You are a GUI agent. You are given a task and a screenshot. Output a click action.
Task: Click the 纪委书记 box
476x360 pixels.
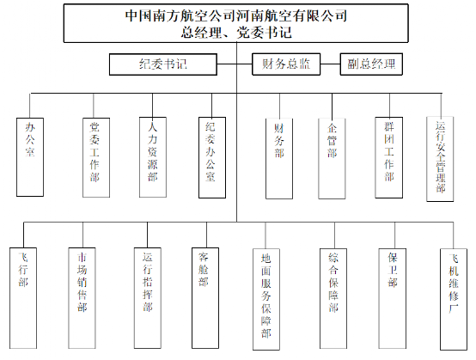(x=163, y=64)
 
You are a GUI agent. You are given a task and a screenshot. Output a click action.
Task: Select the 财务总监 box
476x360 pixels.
(x=286, y=64)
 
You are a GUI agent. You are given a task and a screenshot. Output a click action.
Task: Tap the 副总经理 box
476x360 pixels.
(x=371, y=64)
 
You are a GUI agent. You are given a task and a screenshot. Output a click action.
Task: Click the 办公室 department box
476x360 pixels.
(x=30, y=157)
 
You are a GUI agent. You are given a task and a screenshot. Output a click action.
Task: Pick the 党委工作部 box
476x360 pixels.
(x=96, y=157)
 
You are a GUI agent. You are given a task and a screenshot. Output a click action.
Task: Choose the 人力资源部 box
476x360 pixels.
(x=153, y=157)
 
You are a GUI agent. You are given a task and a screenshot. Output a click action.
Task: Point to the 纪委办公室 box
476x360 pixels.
(x=212, y=157)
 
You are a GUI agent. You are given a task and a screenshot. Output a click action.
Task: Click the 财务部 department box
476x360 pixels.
(x=279, y=159)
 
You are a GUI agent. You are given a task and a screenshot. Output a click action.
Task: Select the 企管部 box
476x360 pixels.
(x=332, y=159)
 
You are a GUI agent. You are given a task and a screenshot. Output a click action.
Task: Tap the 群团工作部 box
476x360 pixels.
(x=389, y=157)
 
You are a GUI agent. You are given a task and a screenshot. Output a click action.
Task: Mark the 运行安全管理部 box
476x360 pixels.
(x=440, y=159)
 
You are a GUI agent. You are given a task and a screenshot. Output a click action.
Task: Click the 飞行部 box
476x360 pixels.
(x=23, y=298)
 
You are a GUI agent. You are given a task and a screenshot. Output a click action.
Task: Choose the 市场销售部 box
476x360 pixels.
(x=82, y=298)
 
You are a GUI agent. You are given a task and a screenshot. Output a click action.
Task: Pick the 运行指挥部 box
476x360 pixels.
(x=148, y=298)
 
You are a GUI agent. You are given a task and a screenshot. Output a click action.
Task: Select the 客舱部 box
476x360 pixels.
(x=205, y=298)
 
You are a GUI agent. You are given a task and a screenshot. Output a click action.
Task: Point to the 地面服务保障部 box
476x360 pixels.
(x=266, y=300)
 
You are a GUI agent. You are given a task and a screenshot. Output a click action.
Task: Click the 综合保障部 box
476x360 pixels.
(x=333, y=299)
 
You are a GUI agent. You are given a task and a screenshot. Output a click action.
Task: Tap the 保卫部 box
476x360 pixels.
(x=393, y=299)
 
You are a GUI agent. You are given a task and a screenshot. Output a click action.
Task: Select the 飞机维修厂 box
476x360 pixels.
(x=454, y=300)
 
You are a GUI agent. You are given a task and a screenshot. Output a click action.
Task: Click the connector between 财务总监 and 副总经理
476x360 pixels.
(x=330, y=64)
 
